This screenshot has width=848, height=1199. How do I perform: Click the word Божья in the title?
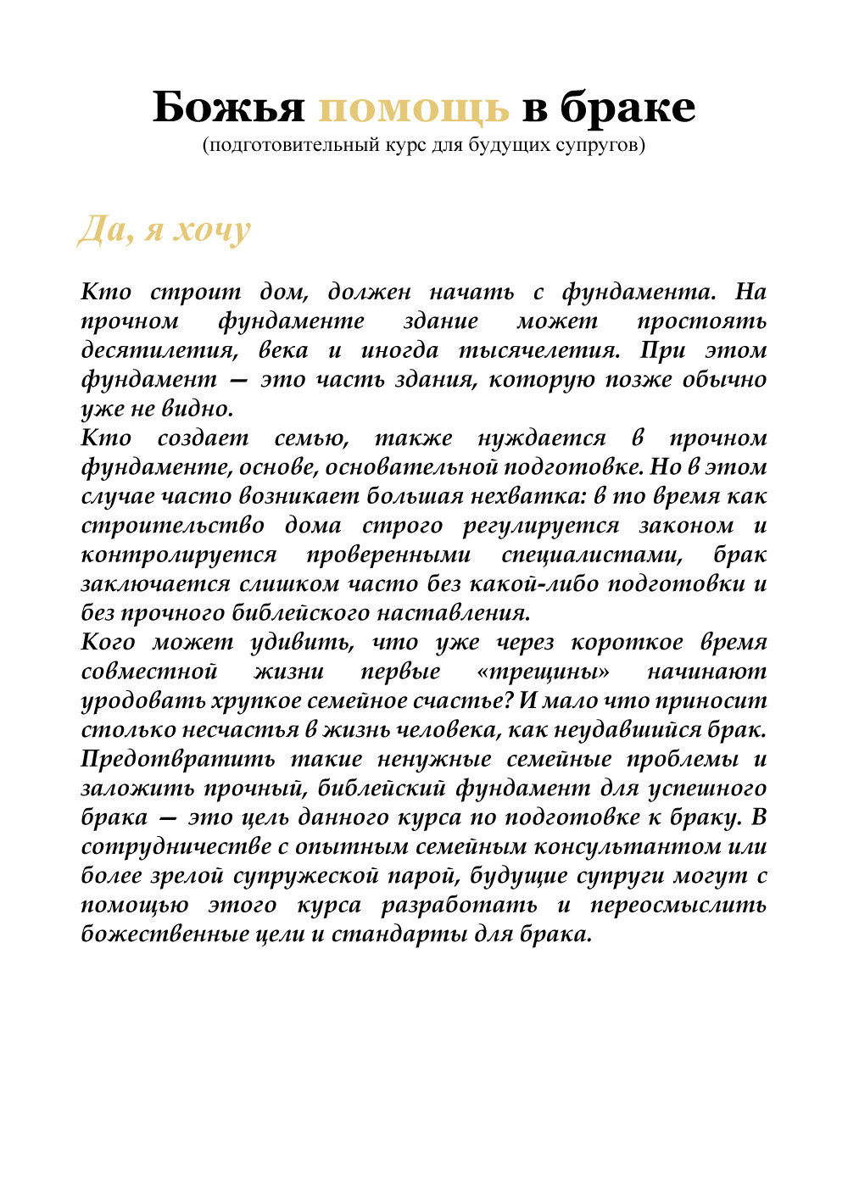pos(228,108)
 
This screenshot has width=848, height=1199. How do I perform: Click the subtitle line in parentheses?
pos(424,145)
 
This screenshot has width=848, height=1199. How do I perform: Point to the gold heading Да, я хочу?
pos(165,230)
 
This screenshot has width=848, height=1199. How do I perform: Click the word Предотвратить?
pos(178,759)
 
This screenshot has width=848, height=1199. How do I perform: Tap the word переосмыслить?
pos(678,905)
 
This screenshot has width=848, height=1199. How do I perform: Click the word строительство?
pos(173,526)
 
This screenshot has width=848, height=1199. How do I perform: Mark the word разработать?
pos(459,905)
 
